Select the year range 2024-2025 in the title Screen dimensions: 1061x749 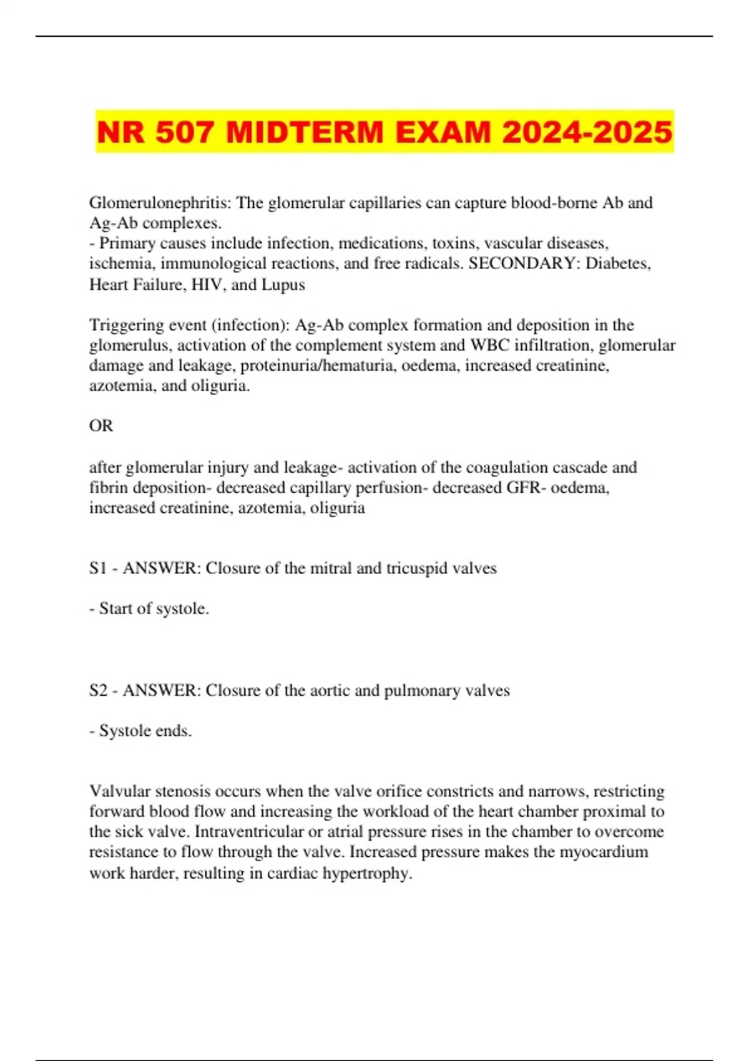click(587, 132)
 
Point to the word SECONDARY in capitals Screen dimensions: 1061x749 click(523, 263)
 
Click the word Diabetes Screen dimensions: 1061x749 click(618, 263)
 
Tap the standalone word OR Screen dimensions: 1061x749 click(101, 426)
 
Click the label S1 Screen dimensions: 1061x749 click(98, 569)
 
